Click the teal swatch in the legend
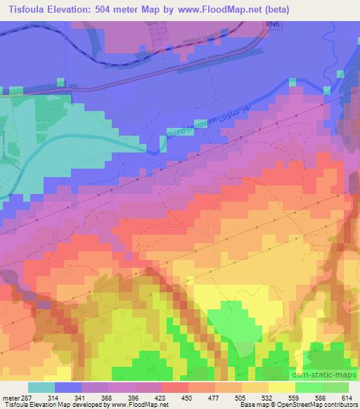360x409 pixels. (x=41, y=387)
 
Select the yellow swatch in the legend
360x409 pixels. (x=281, y=387)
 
